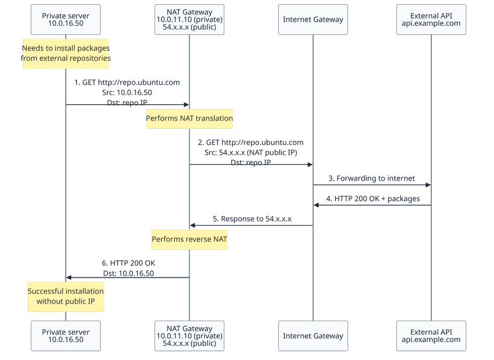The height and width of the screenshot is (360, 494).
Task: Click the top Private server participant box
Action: point(66,19)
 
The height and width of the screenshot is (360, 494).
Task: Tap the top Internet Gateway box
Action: point(313,19)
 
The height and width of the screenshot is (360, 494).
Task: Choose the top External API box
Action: point(431,19)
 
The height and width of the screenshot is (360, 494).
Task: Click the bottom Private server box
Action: point(66,335)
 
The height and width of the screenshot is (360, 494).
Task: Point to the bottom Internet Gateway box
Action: point(313,335)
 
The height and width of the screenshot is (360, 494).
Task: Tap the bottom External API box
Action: point(431,335)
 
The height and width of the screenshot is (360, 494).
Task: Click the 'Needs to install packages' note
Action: point(66,53)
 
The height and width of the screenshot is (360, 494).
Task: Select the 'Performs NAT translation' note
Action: point(189,118)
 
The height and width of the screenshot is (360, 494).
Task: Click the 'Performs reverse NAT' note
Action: point(189,239)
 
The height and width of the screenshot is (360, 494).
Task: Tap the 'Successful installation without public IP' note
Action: point(66,296)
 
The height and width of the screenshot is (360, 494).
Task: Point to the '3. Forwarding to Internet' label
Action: point(372,178)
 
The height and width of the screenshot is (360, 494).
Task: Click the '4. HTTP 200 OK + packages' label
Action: point(373,198)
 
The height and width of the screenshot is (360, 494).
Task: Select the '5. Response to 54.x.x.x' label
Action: point(252,219)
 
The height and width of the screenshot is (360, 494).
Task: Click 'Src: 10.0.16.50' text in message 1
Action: point(127,93)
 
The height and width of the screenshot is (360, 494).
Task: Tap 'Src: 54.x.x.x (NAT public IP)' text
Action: point(251,152)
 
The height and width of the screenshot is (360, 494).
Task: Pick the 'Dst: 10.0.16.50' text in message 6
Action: point(128,273)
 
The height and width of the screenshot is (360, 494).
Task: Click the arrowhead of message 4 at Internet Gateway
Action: point(316,206)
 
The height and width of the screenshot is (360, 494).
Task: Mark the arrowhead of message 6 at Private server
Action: point(69,277)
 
